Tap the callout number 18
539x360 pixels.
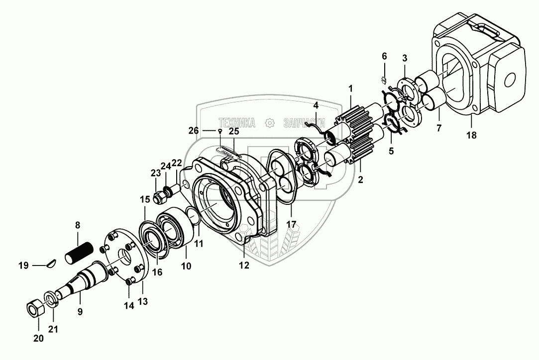470,135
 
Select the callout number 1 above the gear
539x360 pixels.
350,88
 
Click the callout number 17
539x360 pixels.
291,224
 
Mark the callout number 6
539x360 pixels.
384,56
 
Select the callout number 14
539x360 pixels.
129,306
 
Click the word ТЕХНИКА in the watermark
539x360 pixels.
237,122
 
